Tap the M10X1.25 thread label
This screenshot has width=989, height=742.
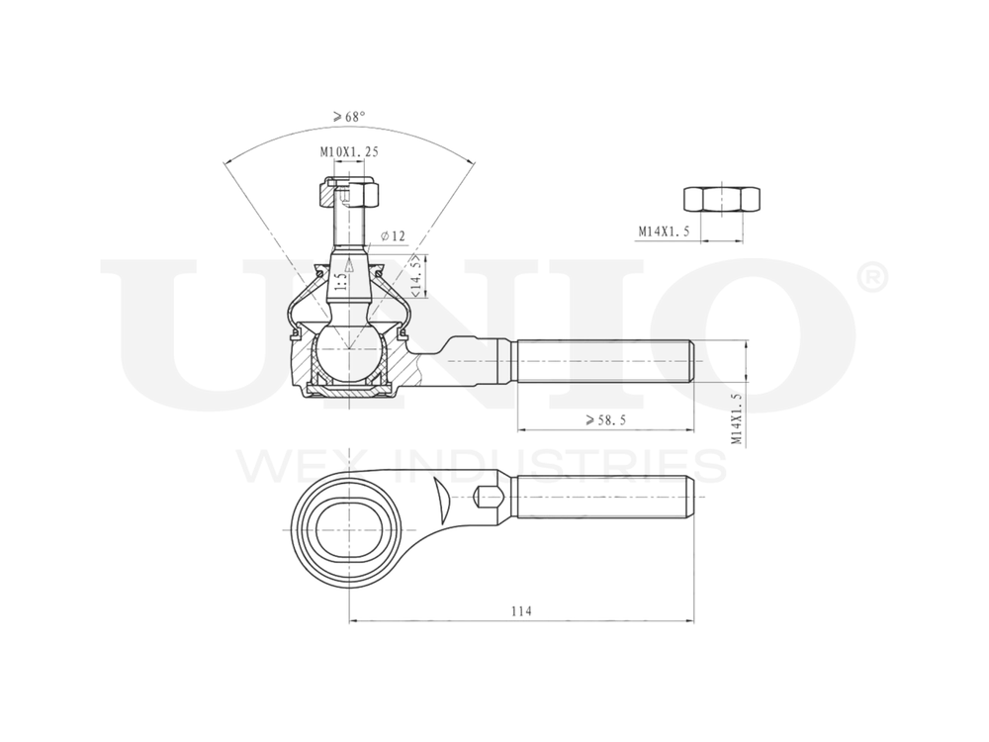point(348,152)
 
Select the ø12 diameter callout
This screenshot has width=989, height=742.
point(393,235)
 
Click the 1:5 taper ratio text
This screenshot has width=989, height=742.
point(339,282)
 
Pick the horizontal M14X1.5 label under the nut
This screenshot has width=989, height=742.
point(663,232)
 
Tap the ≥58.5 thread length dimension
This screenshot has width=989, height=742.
point(605,419)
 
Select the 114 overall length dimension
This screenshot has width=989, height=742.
point(521,611)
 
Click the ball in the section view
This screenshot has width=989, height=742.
point(347,351)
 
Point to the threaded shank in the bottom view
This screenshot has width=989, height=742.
point(603,496)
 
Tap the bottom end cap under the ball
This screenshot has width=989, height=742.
point(347,393)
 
